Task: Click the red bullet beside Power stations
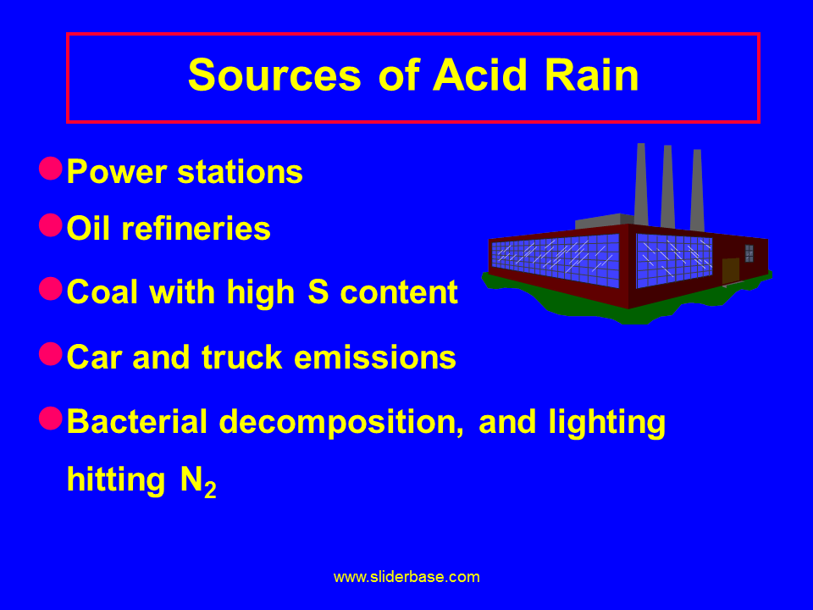(x=51, y=168)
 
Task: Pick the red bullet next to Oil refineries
(x=51, y=225)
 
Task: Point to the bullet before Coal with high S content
(x=51, y=288)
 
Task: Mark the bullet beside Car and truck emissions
(x=51, y=353)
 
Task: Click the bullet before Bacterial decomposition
(x=51, y=418)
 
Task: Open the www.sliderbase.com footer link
(x=406, y=577)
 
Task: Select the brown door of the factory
(x=730, y=270)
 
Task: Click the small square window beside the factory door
(x=749, y=252)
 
